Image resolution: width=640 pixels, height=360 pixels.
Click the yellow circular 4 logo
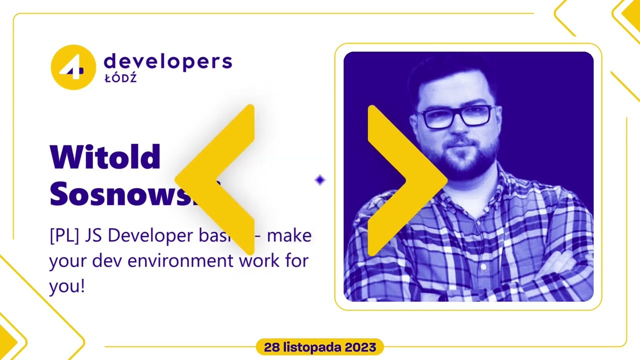pyautogui.click(x=73, y=67)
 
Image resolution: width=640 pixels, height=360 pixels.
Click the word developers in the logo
pyautogui.click(x=167, y=61)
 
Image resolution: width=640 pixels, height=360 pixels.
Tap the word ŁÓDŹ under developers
pyautogui.click(x=120, y=78)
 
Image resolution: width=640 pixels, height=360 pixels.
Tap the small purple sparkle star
pyautogui.click(x=320, y=180)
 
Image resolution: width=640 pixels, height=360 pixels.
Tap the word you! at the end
pyautogui.click(x=66, y=286)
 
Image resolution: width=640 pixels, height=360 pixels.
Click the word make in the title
pyautogui.click(x=289, y=235)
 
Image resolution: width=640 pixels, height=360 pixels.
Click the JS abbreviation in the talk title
pyautogui.click(x=93, y=235)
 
